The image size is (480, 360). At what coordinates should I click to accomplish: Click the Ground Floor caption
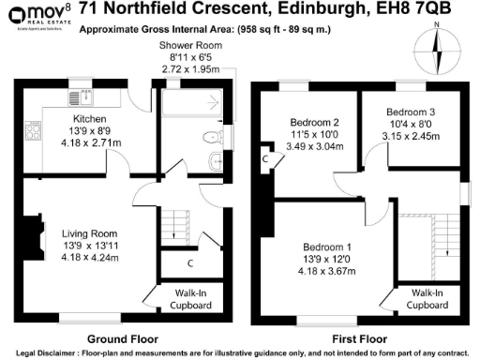pos(122,338)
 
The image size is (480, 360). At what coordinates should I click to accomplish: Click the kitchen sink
pos(82,95)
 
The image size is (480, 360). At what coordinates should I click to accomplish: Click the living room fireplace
pos(36,241)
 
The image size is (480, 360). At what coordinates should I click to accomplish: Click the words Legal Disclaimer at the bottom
pos(49,352)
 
